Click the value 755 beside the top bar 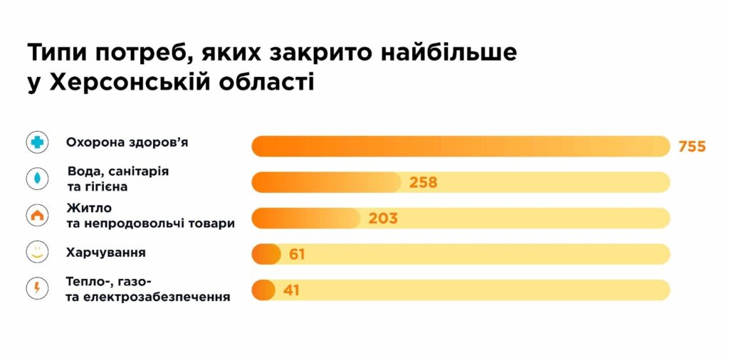point(691,147)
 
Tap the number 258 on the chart point(423,182)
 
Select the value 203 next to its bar point(383,218)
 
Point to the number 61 point(297,254)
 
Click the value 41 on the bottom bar point(291,290)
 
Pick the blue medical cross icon point(37,142)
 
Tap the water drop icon point(37,179)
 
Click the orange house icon point(37,215)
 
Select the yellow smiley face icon point(37,252)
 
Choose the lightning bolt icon point(37,288)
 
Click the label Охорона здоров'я point(127,142)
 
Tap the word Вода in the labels point(83,171)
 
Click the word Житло point(86,208)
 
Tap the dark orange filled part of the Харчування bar point(266,254)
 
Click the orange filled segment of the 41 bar point(263,290)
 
